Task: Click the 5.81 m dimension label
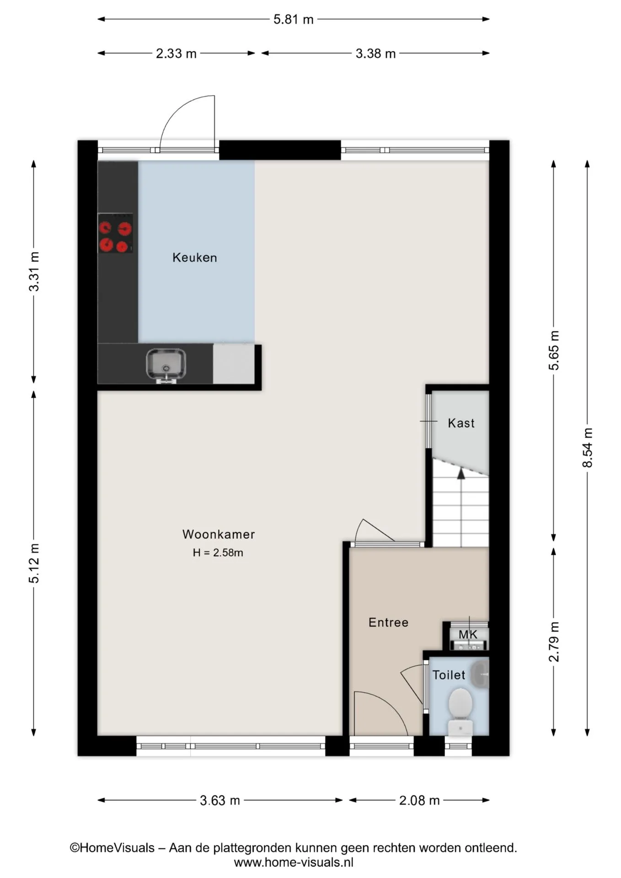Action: tap(294, 19)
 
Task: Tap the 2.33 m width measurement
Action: tap(176, 54)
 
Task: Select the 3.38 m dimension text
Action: tap(375, 54)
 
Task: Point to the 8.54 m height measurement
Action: tap(588, 448)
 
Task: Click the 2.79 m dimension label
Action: tap(554, 642)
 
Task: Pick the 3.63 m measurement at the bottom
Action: tap(220, 800)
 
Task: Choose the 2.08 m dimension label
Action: tap(419, 800)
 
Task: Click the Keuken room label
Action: tap(195, 257)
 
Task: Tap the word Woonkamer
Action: tap(219, 534)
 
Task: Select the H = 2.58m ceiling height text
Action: tap(218, 552)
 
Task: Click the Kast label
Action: tap(461, 423)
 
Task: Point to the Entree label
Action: tap(388, 622)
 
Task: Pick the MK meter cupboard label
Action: tap(468, 634)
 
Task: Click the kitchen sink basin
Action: tap(166, 364)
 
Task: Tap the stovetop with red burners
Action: tap(115, 233)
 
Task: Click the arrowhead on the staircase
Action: tap(461, 473)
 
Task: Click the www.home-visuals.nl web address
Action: tap(294, 862)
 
